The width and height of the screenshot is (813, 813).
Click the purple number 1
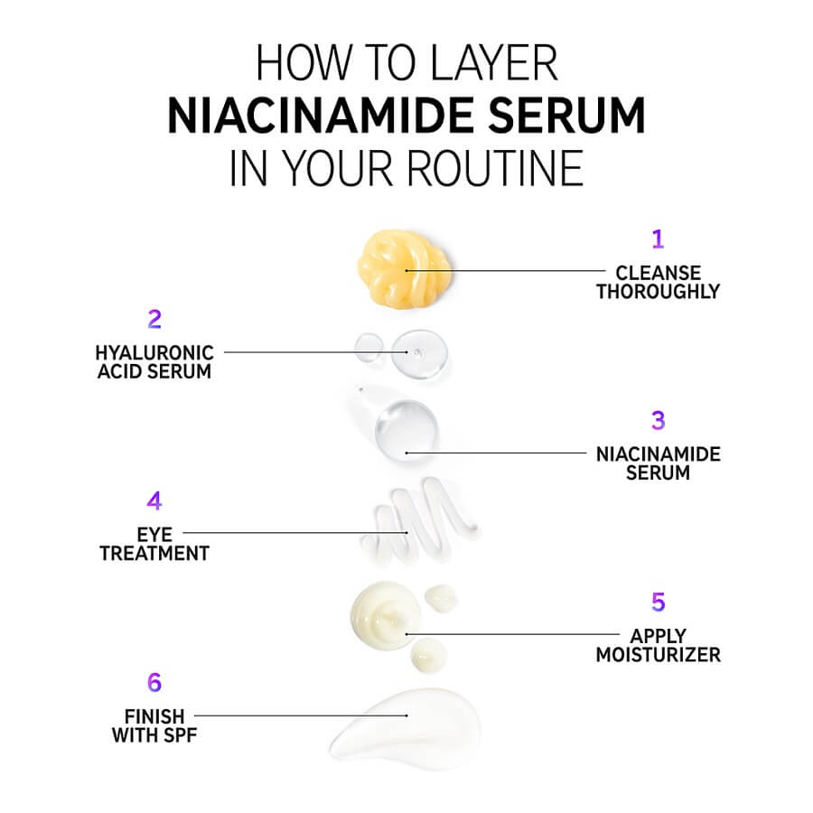coord(658,239)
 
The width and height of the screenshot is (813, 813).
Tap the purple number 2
coord(154,319)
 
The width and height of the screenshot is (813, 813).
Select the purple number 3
coord(658,420)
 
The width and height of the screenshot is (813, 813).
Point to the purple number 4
coord(154,500)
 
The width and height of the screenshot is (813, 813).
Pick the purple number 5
coord(658,602)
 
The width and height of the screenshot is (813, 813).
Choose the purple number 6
coord(154,682)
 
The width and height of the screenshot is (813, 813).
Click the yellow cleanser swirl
coord(404,269)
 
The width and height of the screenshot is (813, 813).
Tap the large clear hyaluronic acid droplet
coord(419,354)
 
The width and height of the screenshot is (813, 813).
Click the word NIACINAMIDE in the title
coord(321,116)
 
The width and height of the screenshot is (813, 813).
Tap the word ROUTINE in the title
coord(495,168)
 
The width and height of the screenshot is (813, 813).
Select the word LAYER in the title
coord(494,62)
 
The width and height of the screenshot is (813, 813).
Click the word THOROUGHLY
coord(658,292)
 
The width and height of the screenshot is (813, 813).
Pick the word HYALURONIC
coord(154,353)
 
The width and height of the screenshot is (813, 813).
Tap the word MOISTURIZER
coord(658,655)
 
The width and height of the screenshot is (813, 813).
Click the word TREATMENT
coord(154,554)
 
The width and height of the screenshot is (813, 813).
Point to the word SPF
coord(180,735)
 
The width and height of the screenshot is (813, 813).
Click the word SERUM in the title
coord(566,116)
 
